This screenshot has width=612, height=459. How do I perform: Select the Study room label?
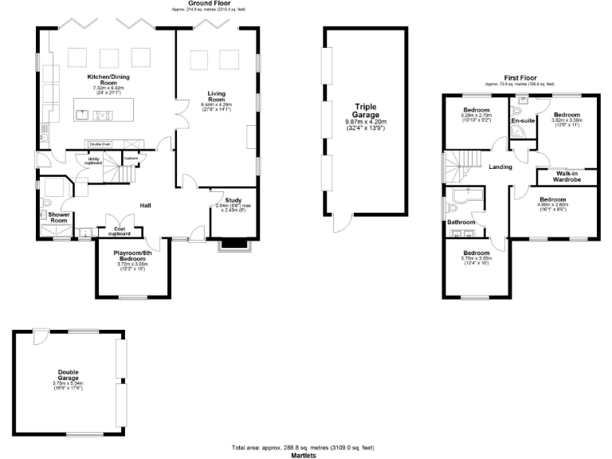233,200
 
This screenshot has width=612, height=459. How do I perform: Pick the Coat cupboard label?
118,231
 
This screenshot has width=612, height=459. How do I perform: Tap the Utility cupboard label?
93,161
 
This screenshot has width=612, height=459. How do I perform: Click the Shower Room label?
59,218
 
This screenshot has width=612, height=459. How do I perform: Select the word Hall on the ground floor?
146,206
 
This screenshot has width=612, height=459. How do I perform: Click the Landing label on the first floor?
500,167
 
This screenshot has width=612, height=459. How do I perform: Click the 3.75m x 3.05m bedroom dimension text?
477,258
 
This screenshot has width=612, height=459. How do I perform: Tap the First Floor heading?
520,78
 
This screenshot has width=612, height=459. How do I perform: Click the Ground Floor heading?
205,4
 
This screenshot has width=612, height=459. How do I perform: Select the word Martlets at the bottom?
303,455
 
